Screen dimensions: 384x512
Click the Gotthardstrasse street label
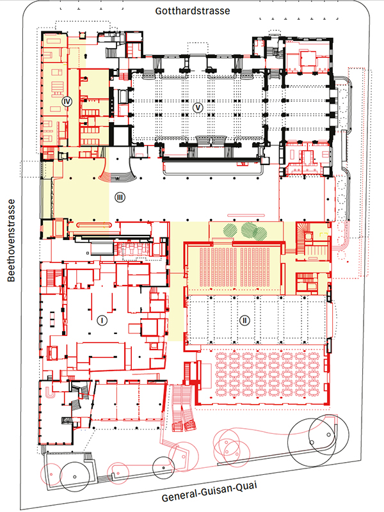[193, 11]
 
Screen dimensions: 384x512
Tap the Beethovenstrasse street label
[11, 241]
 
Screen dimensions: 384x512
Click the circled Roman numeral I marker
[102, 321]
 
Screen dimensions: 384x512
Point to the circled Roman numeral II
[244, 321]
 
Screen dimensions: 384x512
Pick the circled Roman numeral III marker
[120, 197]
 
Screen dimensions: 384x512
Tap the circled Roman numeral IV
[67, 102]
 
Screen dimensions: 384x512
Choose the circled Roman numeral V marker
[198, 108]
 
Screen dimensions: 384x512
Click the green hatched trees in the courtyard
[245, 230]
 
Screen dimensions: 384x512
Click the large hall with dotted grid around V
[198, 108]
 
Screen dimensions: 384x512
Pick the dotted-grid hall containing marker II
[257, 321]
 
